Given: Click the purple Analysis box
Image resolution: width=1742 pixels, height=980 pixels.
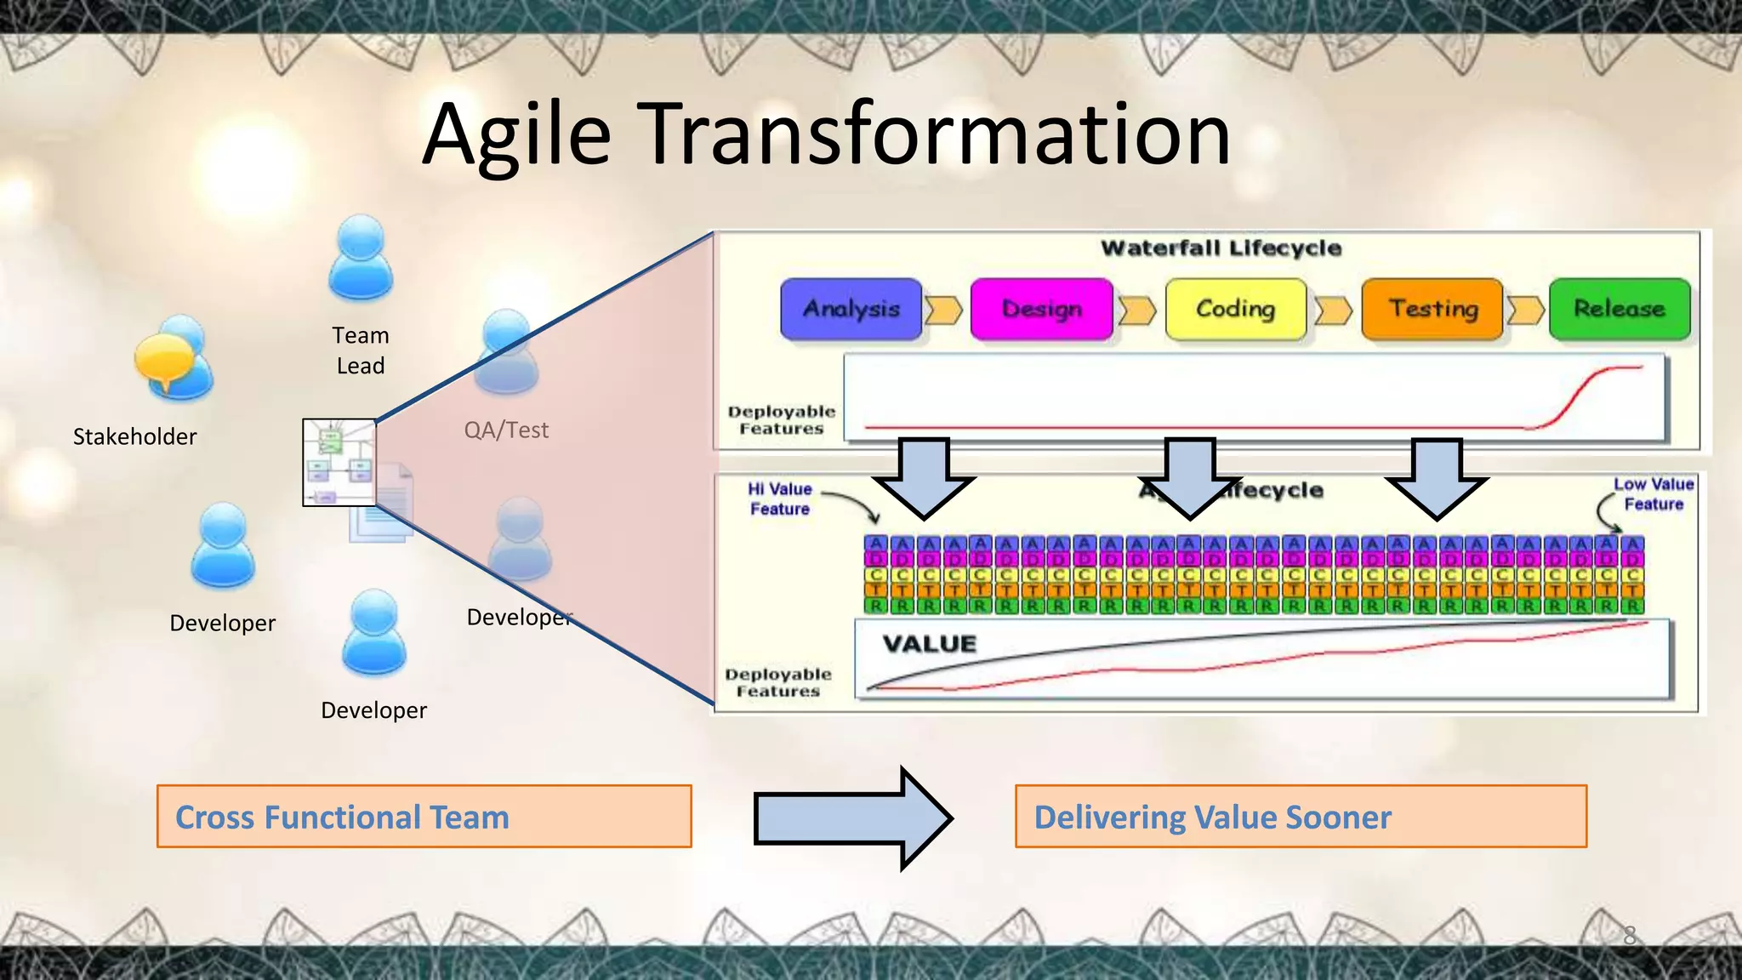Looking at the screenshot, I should (x=851, y=309).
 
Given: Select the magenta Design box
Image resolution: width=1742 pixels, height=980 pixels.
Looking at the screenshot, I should (x=1041, y=309).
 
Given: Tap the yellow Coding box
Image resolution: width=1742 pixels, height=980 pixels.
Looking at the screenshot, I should (x=1235, y=309).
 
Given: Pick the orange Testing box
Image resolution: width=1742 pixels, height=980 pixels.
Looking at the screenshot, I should (x=1432, y=309).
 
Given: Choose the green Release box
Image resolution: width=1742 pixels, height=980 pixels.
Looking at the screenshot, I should (x=1620, y=309).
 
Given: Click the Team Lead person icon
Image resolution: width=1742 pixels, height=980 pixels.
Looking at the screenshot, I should (x=361, y=259).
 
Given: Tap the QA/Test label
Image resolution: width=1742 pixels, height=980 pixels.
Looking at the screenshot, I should (x=506, y=430).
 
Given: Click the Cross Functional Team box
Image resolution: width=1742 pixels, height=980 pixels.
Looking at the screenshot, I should (x=424, y=817).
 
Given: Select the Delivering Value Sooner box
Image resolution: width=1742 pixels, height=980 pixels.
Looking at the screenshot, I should (x=1301, y=817).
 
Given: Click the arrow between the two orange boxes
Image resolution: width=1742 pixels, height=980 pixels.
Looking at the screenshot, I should (x=852, y=818).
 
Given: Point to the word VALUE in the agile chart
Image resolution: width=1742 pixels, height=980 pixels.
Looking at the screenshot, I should (x=929, y=644).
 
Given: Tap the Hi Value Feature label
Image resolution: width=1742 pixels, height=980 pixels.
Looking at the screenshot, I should (x=780, y=499).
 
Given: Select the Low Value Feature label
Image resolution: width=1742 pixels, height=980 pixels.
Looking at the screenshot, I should (x=1654, y=494).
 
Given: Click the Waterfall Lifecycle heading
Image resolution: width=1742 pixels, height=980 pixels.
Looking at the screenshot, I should (x=1221, y=248).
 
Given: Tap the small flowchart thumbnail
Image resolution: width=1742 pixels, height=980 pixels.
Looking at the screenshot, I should (x=339, y=462).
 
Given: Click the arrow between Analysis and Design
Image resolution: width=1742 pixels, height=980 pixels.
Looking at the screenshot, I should (x=944, y=311).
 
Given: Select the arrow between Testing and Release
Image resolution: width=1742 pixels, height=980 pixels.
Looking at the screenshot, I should (x=1525, y=311).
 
